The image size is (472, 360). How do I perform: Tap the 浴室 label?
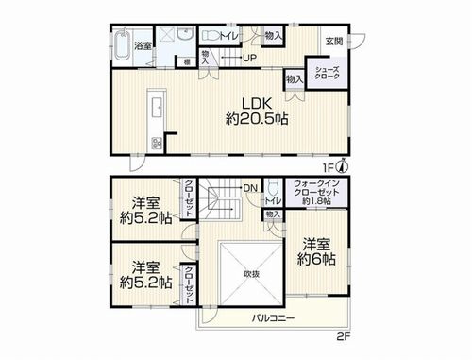(x=143, y=44)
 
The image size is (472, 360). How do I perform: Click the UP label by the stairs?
(x=250, y=59)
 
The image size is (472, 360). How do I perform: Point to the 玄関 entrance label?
(x=335, y=41)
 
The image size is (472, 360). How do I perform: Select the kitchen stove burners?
(x=155, y=144)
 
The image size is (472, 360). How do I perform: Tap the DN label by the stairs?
(x=250, y=188)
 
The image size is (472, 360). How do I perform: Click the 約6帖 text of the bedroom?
(x=315, y=258)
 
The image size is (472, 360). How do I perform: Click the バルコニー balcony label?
(x=274, y=318)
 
